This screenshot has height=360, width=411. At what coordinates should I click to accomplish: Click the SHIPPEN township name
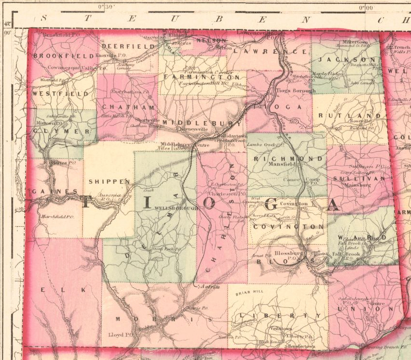109,181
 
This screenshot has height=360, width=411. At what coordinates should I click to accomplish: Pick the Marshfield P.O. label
57,217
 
